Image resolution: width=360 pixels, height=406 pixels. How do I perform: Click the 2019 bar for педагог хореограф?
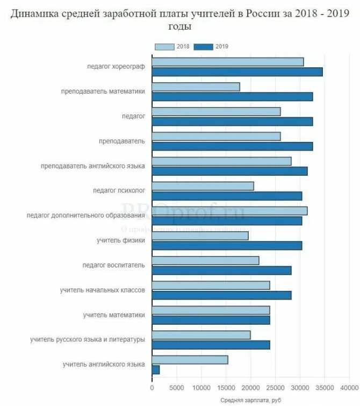pyautogui.click(x=237, y=72)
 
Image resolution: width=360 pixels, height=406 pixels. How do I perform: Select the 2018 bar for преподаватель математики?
pyautogui.click(x=196, y=87)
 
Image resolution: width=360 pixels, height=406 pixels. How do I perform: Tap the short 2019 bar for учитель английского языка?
pyautogui.click(x=156, y=370)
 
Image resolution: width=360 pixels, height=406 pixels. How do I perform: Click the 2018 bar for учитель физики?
pyautogui.click(x=200, y=236)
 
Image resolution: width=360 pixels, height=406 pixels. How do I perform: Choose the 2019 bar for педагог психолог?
pyautogui.click(x=227, y=196)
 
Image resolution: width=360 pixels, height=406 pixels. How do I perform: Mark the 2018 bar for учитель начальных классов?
pyautogui.click(x=211, y=285)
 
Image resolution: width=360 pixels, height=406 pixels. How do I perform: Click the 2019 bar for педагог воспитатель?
pyautogui.click(x=221, y=270)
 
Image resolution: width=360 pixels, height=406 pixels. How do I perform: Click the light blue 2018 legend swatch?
pyautogui.click(x=164, y=47)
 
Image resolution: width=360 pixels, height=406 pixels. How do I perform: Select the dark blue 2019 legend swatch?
pyautogui.click(x=204, y=47)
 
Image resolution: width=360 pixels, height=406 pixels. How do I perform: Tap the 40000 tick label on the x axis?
pyautogui.click(x=349, y=387)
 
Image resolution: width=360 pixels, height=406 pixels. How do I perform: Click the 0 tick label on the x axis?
pyautogui.click(x=152, y=387)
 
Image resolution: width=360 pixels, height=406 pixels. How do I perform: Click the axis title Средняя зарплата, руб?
pyautogui.click(x=250, y=401)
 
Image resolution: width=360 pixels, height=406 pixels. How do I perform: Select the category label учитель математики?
pyautogui.click(x=114, y=315)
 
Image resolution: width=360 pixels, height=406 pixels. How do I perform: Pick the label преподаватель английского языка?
pyautogui.click(x=93, y=166)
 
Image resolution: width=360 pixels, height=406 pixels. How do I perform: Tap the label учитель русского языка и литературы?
pyautogui.click(x=88, y=340)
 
